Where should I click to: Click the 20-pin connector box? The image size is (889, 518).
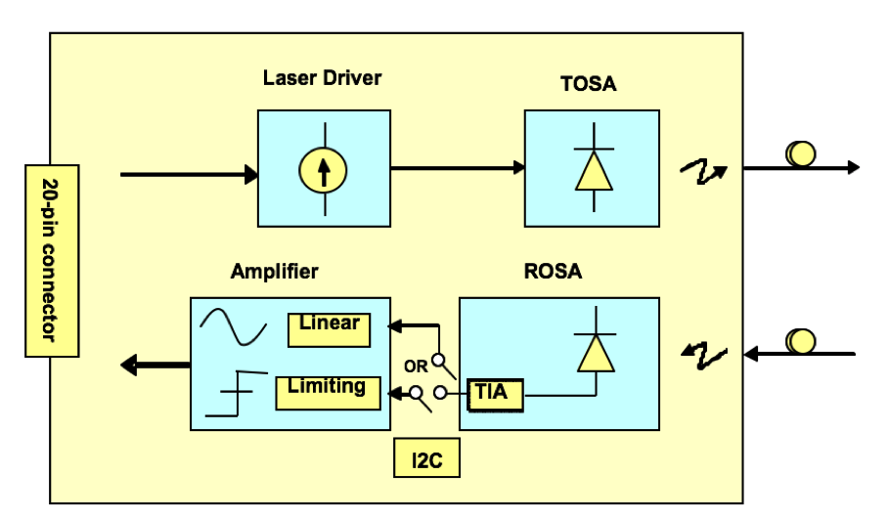point(52,260)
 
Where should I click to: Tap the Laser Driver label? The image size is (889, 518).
point(322,78)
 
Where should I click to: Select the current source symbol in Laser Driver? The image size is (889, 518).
point(322,171)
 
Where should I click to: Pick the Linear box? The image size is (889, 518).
point(330,328)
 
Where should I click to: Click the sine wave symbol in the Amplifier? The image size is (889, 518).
point(233,326)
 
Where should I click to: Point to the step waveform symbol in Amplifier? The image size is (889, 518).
point(231,392)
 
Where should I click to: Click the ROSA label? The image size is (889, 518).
point(552,272)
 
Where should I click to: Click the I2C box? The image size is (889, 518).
point(427,459)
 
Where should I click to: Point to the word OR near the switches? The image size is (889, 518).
point(416,367)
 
